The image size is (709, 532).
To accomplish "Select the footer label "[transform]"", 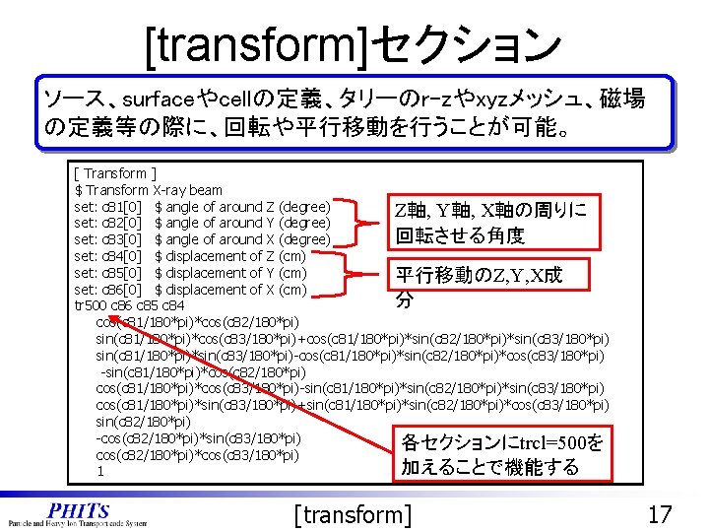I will [354, 514].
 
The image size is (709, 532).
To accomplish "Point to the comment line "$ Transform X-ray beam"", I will [149, 190].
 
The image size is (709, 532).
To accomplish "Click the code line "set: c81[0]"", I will [109, 207].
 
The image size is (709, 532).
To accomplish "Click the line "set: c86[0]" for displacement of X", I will [109, 290].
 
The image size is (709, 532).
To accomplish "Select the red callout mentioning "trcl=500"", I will [501, 454].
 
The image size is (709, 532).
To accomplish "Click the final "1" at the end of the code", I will [100, 472].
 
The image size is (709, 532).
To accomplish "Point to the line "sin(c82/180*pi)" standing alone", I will [144, 422].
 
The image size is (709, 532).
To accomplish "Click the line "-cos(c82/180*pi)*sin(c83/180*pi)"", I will [198, 438].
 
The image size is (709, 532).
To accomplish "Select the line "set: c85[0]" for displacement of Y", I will [109, 273].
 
